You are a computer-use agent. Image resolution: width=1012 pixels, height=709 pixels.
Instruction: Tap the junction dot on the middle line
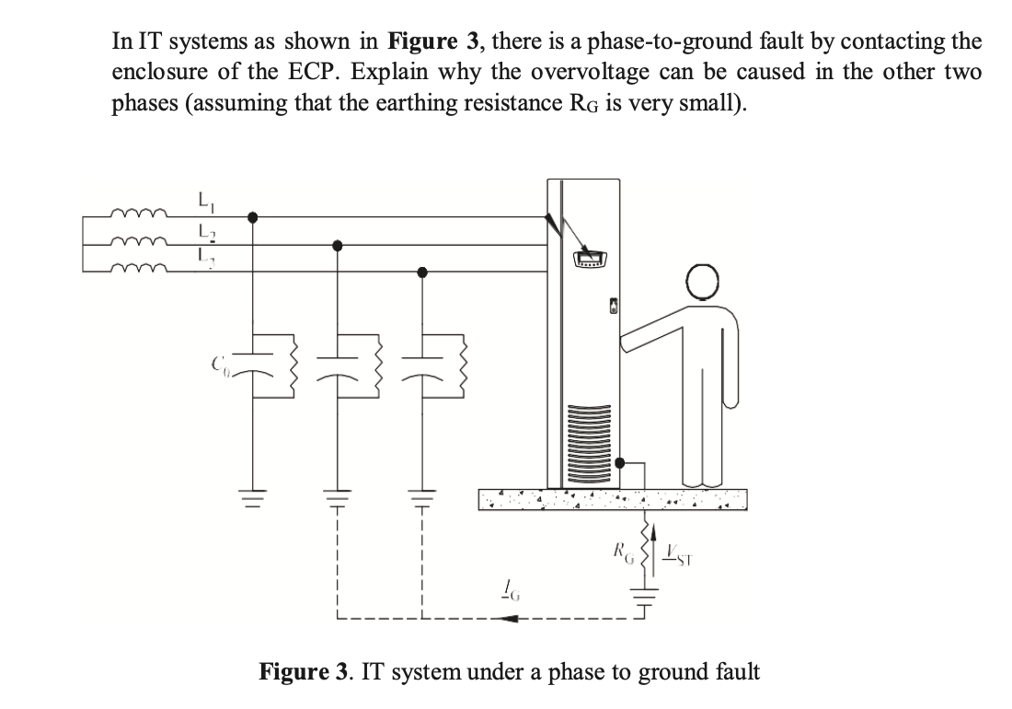click(x=338, y=245)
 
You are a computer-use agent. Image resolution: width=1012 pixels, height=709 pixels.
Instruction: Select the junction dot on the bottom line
click(x=422, y=272)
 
